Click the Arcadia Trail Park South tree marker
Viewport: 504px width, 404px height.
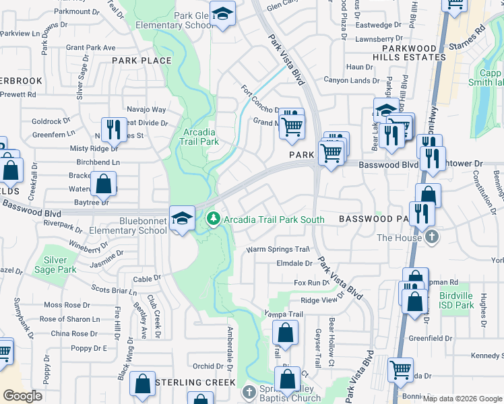tap(214, 219)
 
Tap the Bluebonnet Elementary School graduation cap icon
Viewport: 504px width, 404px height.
tap(182, 218)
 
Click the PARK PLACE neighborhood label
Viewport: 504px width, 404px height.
tap(141, 61)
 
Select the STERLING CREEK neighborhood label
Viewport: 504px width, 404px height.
tap(195, 382)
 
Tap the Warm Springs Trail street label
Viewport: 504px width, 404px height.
tap(277, 249)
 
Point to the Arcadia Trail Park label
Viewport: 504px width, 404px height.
tap(200, 137)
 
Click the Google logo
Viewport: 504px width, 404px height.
tap(22, 396)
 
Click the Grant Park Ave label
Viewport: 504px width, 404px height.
tap(91, 48)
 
